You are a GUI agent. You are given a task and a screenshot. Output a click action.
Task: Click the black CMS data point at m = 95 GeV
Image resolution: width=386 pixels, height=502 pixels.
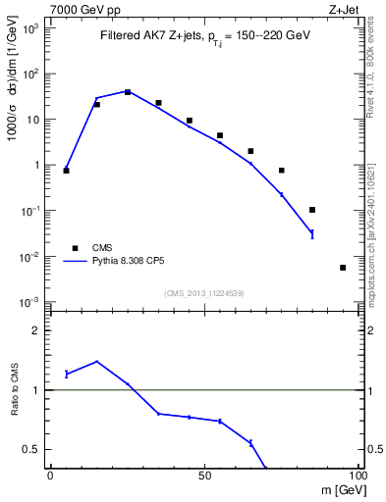[342, 267]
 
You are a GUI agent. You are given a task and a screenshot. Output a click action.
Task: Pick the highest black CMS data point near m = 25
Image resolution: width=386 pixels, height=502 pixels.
[128, 92]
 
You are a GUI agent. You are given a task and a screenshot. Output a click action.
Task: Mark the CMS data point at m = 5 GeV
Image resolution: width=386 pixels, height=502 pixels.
[66, 171]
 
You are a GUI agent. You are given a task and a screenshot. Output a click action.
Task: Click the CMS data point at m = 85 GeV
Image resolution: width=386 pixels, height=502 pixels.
[311, 210]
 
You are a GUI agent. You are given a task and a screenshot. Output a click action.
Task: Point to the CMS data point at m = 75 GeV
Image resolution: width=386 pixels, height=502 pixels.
[281, 171]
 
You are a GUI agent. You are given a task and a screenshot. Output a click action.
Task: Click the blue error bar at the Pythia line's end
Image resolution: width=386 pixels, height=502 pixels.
[311, 233]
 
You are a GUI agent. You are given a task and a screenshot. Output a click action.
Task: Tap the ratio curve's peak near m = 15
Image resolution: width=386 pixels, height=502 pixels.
[96, 361]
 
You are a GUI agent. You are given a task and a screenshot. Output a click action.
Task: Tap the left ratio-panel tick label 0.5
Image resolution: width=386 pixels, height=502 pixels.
[35, 450]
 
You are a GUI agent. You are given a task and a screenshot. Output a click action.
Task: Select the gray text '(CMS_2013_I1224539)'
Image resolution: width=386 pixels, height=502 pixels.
[203, 292]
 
